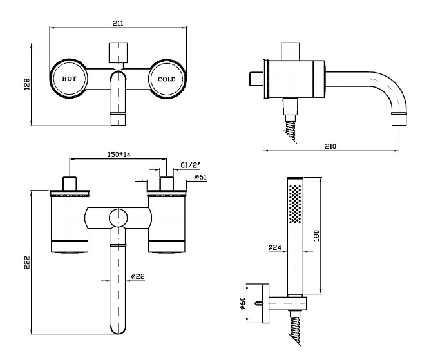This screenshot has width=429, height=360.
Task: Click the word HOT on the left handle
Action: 69,79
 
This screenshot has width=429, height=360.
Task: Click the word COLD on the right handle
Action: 167,79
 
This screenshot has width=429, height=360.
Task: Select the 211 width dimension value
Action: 118,23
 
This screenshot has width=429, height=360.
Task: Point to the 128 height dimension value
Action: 27,84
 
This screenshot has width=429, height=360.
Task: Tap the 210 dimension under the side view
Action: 330,146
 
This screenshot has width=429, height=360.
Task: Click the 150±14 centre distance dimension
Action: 119,155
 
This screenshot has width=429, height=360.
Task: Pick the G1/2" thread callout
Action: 191,165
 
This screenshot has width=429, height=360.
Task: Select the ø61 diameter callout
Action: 200,177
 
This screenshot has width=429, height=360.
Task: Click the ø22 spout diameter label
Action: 138,276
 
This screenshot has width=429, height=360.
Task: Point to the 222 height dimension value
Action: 27,262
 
